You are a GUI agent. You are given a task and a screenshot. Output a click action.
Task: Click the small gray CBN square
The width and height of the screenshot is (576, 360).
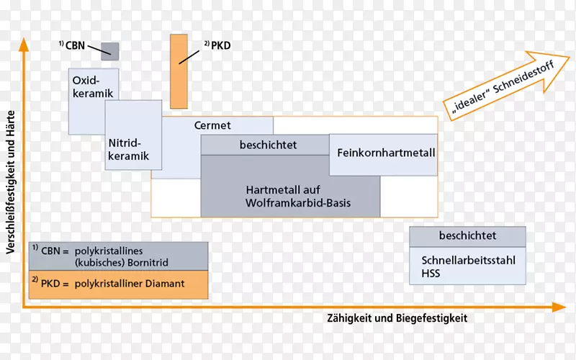point(109,51)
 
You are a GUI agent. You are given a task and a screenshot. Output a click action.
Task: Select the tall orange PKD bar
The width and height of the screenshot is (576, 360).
point(179,71)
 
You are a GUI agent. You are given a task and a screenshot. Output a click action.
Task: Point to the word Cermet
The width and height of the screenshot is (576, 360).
point(212,125)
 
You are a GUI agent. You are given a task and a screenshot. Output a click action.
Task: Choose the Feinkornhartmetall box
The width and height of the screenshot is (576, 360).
point(383,153)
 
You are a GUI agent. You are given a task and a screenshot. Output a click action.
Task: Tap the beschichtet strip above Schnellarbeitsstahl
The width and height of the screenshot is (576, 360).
point(467,235)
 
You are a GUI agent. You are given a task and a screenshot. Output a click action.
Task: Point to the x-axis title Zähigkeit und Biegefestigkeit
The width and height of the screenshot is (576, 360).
point(397,318)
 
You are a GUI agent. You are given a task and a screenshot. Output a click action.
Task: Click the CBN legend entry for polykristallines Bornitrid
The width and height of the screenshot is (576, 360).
point(118,256)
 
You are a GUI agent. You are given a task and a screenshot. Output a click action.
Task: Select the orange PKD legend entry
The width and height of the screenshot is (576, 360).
point(118,284)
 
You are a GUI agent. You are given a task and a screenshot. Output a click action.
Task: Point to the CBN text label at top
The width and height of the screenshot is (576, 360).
point(75,45)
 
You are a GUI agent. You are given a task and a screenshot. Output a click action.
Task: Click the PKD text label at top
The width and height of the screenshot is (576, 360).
point(220,45)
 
